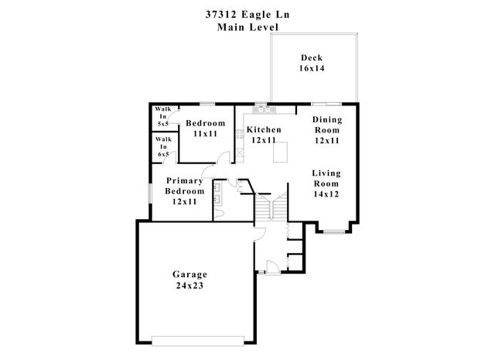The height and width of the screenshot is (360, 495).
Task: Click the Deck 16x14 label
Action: (x=312, y=63)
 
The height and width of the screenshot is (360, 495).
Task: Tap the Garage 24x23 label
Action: (x=189, y=279)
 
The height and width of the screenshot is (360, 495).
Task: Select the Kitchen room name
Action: (x=264, y=129)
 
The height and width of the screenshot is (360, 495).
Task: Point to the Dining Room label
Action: (x=327, y=125)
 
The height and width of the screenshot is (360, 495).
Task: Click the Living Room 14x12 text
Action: (x=326, y=183)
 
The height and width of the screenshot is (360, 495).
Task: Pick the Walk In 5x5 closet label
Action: (x=163, y=116)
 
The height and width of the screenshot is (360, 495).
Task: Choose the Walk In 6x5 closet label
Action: (x=163, y=146)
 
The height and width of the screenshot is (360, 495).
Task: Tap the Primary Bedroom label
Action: (x=185, y=186)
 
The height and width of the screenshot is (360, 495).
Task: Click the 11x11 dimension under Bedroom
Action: (x=206, y=134)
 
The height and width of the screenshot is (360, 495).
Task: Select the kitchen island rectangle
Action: (x=280, y=152)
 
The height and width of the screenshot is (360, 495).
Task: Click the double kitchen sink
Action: (x=265, y=110)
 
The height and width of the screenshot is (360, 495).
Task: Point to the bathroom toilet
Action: (x=219, y=214)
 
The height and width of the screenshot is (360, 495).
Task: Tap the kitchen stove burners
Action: (x=240, y=134)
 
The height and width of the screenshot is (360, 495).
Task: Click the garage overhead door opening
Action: (x=198, y=341)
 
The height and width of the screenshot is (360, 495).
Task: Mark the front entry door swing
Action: (x=273, y=267)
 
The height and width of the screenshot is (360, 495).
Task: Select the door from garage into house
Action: (x=260, y=235)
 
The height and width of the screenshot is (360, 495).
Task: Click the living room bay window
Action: (x=334, y=232)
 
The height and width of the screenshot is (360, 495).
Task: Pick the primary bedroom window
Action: (x=150, y=193)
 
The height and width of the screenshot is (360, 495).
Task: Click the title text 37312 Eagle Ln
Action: (x=247, y=15)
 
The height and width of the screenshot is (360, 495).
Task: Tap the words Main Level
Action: (x=247, y=27)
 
